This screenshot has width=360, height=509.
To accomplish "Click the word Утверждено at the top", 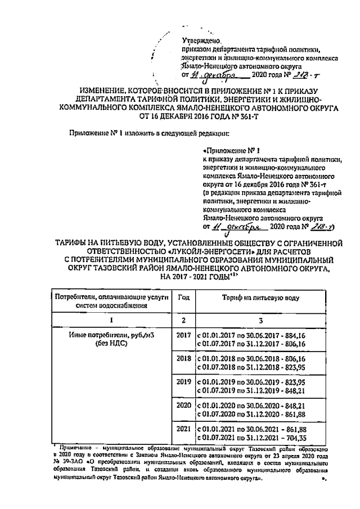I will tap(202, 40).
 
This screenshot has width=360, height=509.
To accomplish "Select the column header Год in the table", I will tap(183, 296).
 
